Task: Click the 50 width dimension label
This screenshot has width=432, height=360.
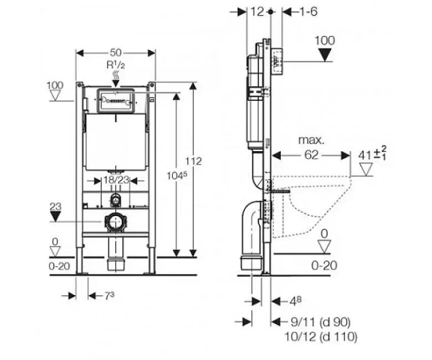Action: pyautogui.click(x=116, y=52)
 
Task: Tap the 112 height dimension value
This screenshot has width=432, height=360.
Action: pyautogui.click(x=193, y=161)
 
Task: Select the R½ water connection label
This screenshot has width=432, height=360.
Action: pyautogui.click(x=116, y=65)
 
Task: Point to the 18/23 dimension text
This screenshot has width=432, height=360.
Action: pyautogui.click(x=116, y=180)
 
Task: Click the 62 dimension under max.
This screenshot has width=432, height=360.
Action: pyautogui.click(x=311, y=155)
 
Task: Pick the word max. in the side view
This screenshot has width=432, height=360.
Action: pyautogui.click(x=312, y=140)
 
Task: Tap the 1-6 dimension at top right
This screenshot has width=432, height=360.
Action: pyautogui.click(x=308, y=12)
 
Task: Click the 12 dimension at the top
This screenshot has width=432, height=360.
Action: pyautogui.click(x=258, y=12)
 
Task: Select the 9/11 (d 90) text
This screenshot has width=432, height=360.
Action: pyautogui.click(x=321, y=322)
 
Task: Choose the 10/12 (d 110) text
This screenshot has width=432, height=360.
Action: pyautogui.click(x=321, y=337)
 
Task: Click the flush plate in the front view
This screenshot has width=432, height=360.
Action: pyautogui.click(x=115, y=101)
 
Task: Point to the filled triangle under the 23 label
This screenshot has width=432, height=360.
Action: pyautogui.click(x=55, y=216)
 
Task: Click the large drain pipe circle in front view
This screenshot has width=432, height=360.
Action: pyautogui.click(x=115, y=222)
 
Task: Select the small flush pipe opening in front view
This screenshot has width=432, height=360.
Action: pyautogui.click(x=116, y=200)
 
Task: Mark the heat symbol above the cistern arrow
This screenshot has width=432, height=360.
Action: pyautogui.click(x=116, y=75)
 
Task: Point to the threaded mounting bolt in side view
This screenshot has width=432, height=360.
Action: pyautogui.click(x=279, y=191)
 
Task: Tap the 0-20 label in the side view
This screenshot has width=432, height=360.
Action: pyautogui.click(x=324, y=265)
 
